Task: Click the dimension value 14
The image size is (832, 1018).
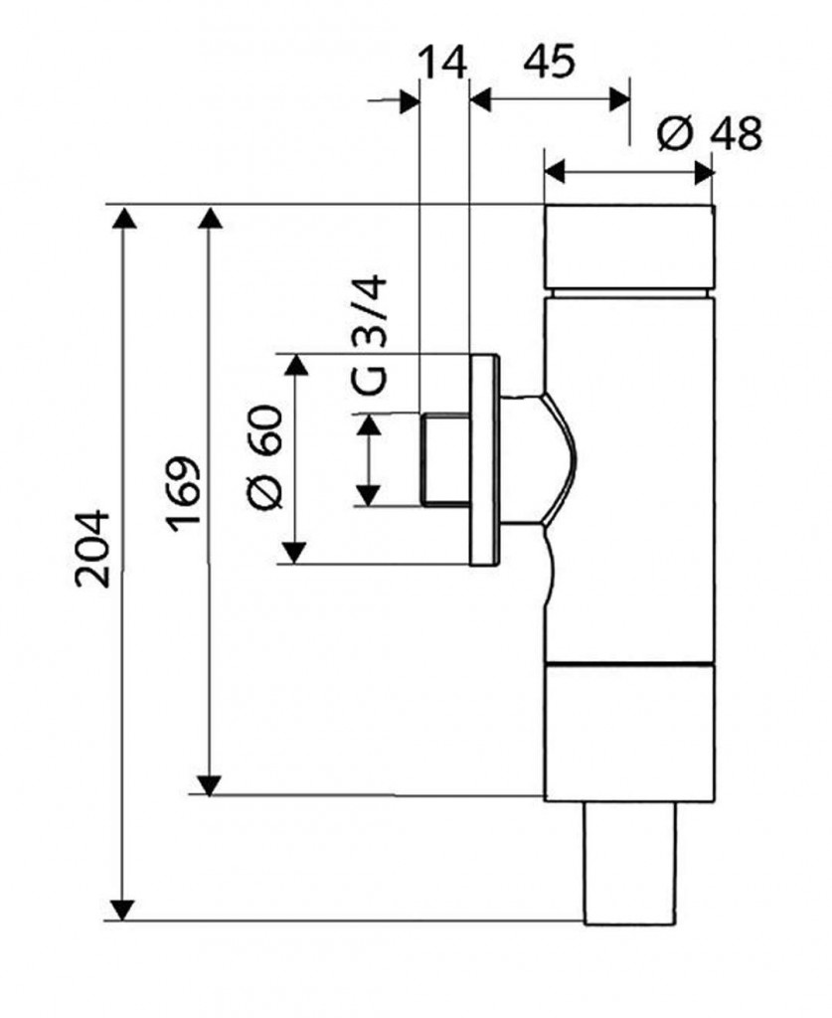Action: pos(441,63)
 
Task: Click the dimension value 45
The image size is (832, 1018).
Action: pos(548,63)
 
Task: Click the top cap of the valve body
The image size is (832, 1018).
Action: pos(629,246)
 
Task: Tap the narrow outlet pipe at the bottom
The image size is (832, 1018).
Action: pos(630,861)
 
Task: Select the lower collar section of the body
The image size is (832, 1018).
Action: pos(629,732)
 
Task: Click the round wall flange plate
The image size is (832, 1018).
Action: pos(483,458)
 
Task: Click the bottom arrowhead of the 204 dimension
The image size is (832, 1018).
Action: pos(122,909)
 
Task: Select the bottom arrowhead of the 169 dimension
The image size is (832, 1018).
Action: pos(209,782)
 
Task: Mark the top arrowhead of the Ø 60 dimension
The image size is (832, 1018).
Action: pos(295,365)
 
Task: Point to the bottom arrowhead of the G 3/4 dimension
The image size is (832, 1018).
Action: pos(370,494)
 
